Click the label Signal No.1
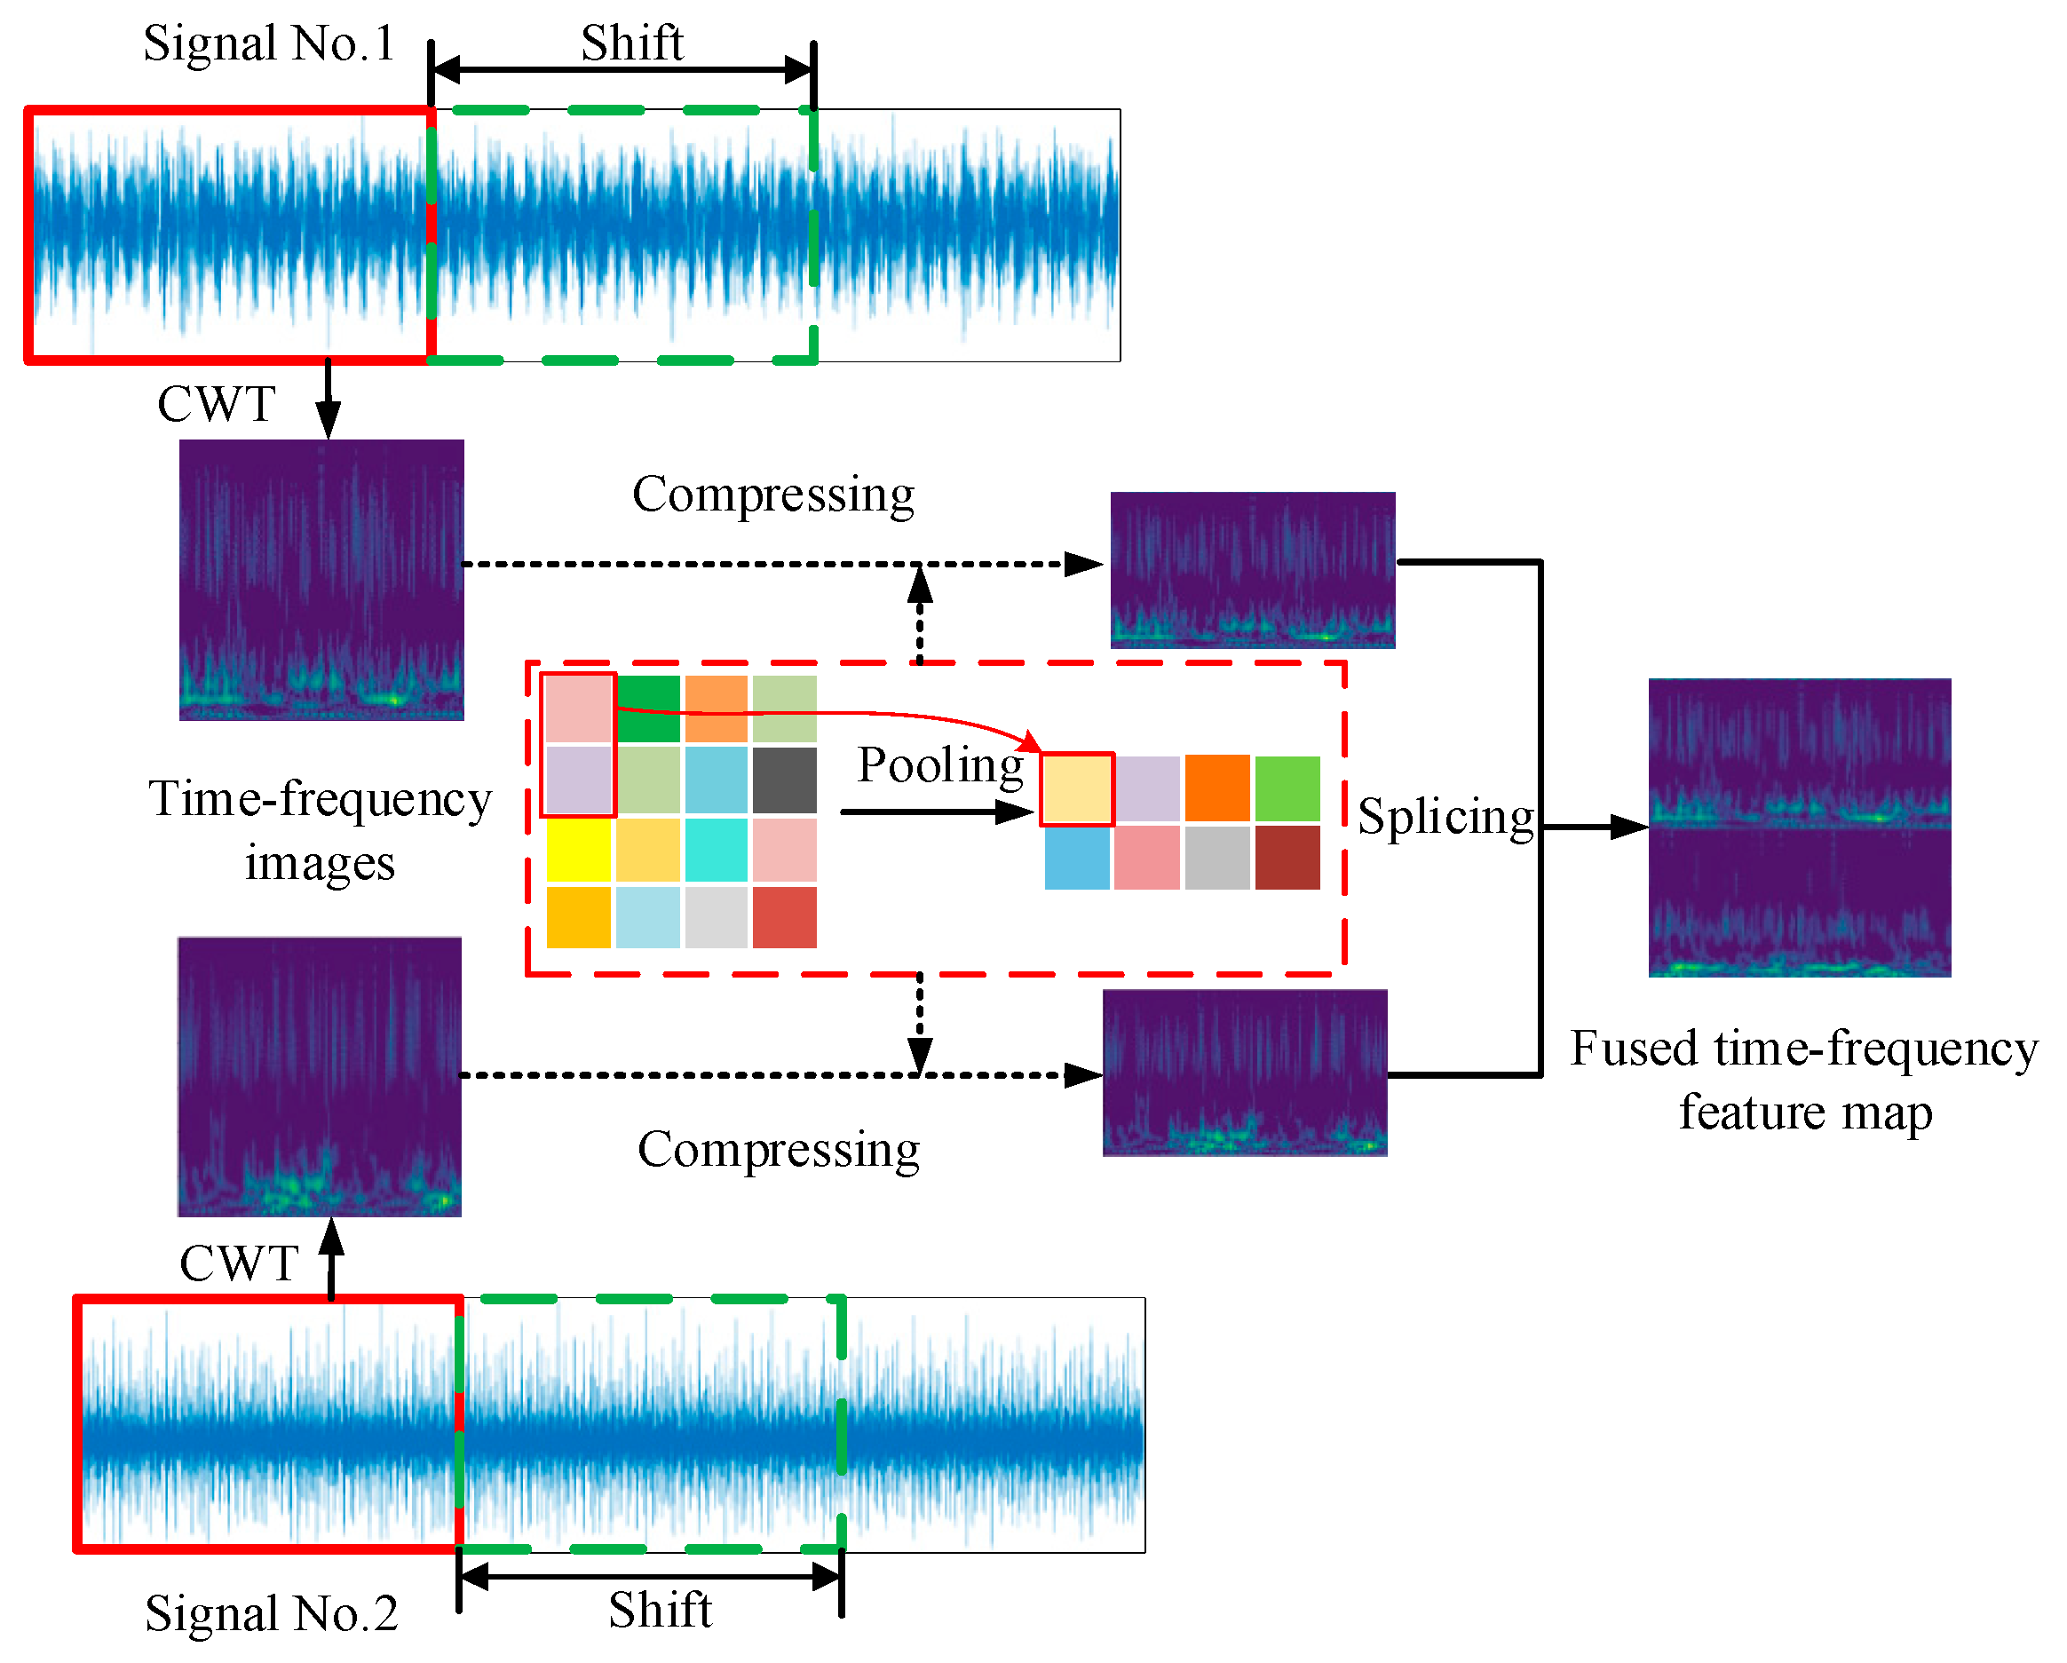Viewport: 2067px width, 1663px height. point(269,44)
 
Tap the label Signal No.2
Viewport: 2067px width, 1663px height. point(272,1613)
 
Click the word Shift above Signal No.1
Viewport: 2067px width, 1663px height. point(632,44)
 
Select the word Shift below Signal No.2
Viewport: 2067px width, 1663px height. point(660,1611)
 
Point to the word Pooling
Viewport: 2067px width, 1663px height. point(939,766)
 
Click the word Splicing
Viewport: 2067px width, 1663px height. point(1445,817)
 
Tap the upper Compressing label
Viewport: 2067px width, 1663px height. point(772,495)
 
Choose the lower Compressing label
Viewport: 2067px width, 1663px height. point(779,1149)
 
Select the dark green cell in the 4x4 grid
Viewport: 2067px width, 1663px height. point(648,709)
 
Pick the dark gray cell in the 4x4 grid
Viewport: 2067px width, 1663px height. point(784,780)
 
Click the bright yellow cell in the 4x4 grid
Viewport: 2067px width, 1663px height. point(578,849)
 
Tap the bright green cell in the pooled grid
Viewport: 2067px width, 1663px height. point(1287,788)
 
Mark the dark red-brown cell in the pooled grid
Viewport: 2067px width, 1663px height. point(1287,858)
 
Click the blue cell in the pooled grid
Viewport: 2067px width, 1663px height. point(1077,858)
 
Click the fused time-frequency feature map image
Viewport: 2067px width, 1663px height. point(1799,828)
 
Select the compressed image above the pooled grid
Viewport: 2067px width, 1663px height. point(1252,570)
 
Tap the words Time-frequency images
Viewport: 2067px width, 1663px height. point(320,830)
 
